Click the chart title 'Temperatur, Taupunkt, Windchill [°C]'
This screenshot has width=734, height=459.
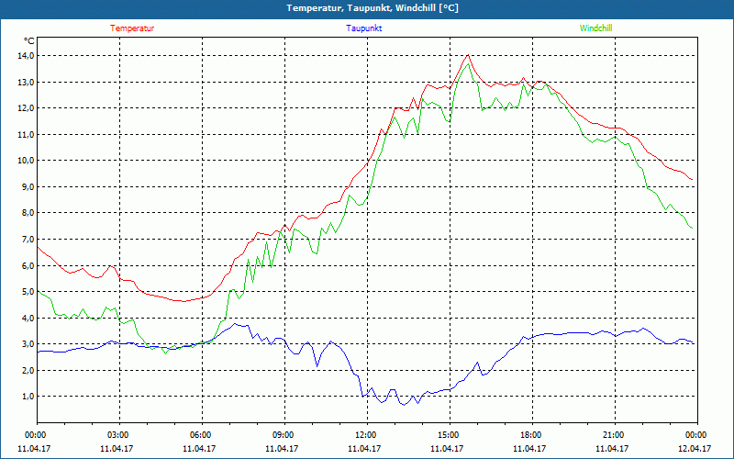[x=366, y=8]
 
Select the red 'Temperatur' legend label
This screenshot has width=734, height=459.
[x=132, y=28]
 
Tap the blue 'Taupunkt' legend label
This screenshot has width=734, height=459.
[x=364, y=28]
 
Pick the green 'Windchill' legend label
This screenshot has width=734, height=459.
[x=595, y=28]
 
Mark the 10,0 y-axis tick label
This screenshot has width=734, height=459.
[x=22, y=161]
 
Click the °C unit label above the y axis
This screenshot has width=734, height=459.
[x=29, y=41]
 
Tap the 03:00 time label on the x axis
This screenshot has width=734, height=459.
[x=118, y=435]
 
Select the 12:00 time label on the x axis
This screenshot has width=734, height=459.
[x=366, y=435]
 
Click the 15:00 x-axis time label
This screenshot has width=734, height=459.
[x=449, y=435]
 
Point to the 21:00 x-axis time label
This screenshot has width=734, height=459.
[x=614, y=435]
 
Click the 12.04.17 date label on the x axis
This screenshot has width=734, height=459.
[x=695, y=449]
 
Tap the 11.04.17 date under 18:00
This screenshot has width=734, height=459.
[x=531, y=449]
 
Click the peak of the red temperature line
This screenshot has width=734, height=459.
[x=468, y=55]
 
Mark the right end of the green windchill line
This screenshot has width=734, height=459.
[x=692, y=228]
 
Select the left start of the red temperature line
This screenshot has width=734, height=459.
[x=38, y=246]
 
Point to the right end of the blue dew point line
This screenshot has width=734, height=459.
[x=694, y=343]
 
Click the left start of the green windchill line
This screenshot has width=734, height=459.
[x=38, y=291]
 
